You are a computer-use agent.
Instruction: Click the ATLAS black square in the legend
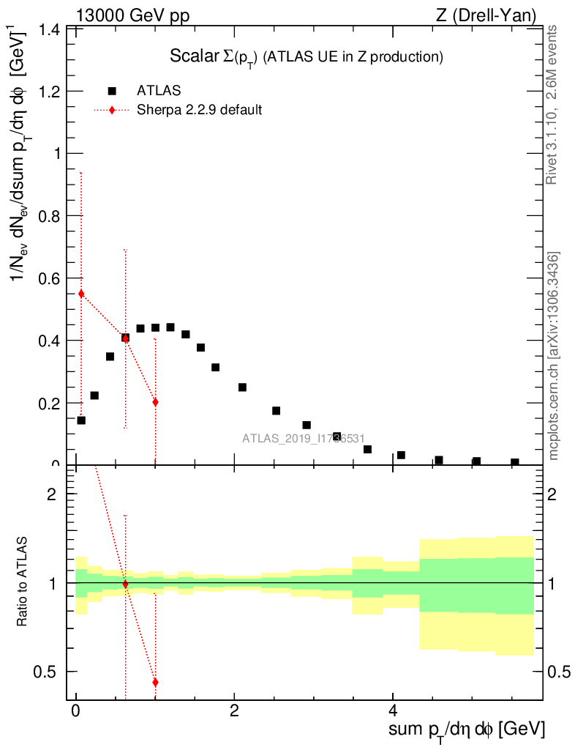point(112,91)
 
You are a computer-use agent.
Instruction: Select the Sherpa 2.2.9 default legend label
point(199,111)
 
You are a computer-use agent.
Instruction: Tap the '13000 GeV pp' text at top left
point(132,15)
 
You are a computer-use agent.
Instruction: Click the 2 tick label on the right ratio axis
point(557,494)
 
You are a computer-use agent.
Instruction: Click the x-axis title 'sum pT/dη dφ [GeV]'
point(467,729)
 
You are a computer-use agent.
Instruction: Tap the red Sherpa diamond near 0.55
point(81,294)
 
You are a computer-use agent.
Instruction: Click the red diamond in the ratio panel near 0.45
point(155,682)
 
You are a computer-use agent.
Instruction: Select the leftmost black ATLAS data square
point(81,420)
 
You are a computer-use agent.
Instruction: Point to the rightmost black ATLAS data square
point(515,463)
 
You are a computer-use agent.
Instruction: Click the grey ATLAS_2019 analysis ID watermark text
point(304,439)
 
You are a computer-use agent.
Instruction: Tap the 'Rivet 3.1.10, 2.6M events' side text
point(552,104)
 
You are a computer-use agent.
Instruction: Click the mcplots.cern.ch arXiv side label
point(554,357)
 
